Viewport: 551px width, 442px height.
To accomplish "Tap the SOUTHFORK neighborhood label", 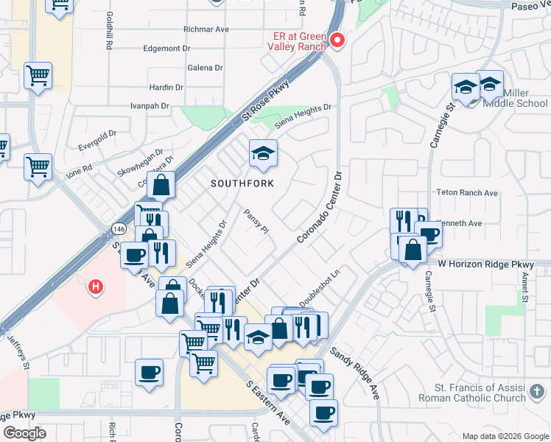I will pos(243,183).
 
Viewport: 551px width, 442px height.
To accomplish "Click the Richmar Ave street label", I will pos(206,29).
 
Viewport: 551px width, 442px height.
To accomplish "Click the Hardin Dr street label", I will pos(166,87).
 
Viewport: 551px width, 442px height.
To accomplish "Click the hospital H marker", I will pos(95,286).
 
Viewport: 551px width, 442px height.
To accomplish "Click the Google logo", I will pos(24,433).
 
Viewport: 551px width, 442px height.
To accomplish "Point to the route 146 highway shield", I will pos(119,229).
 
